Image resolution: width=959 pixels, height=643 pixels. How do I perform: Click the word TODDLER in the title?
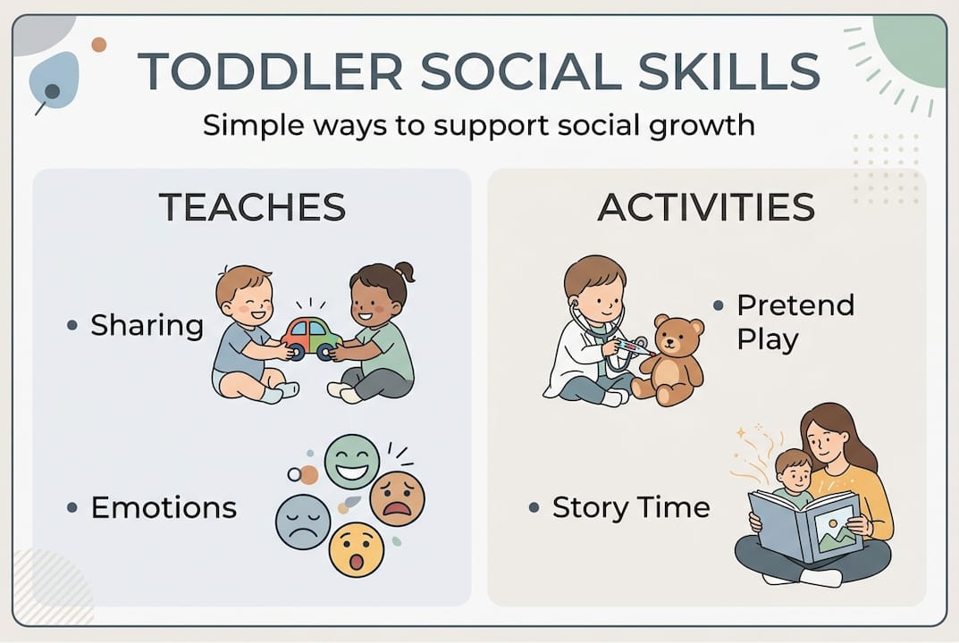coord(270,71)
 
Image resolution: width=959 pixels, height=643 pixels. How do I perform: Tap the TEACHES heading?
coord(252,207)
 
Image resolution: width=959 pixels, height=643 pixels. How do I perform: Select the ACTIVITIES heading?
coord(706,207)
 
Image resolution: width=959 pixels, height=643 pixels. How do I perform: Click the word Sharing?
coord(147,325)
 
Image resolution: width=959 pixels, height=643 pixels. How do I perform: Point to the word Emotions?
coord(164,507)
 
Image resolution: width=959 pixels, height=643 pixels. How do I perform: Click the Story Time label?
coord(631,507)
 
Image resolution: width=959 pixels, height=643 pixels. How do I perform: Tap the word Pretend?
coord(795,305)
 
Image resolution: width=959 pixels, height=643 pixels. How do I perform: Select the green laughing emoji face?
coord(351,462)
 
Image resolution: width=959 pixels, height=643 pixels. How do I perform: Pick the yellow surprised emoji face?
coord(357,549)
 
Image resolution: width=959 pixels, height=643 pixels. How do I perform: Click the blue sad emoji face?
coord(303,522)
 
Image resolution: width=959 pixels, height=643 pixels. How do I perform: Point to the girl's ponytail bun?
coord(405,271)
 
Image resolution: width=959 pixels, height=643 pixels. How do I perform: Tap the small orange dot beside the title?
coord(99,45)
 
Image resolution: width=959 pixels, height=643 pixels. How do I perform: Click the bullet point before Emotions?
coord(72,507)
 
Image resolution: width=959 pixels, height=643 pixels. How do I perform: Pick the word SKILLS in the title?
coord(729,71)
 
